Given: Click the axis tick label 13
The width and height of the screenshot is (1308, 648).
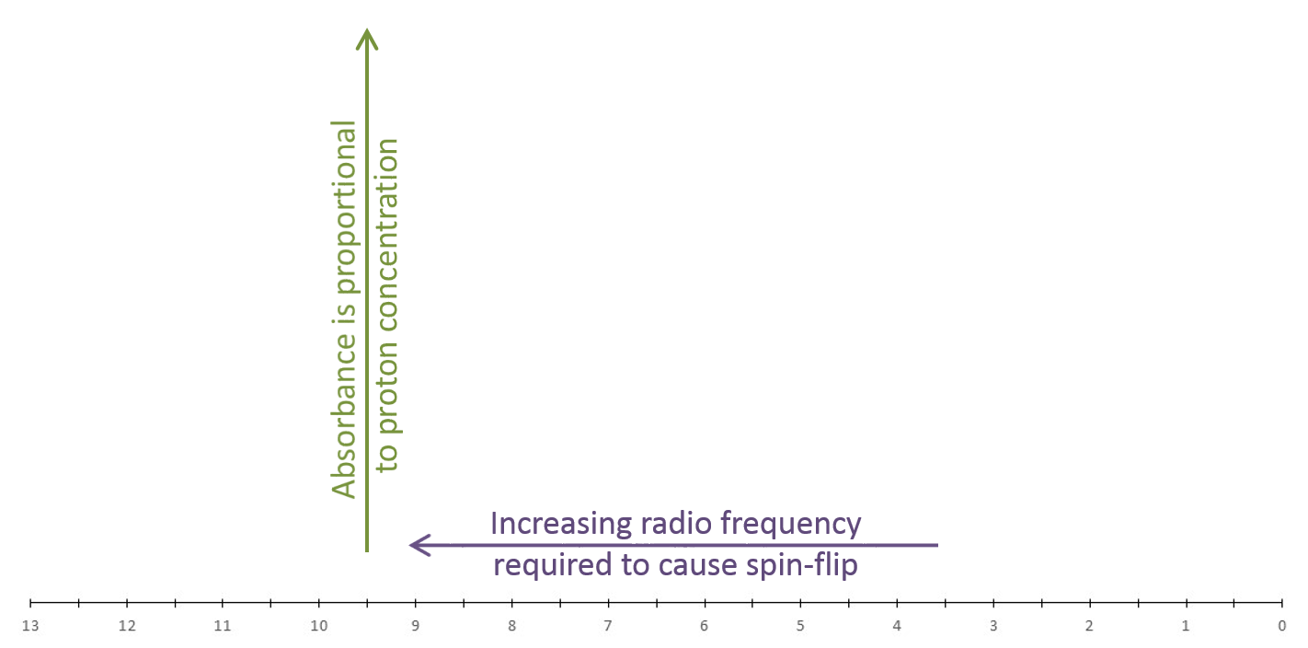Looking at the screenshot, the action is point(30,626).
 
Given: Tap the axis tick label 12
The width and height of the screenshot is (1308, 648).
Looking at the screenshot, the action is point(127,626).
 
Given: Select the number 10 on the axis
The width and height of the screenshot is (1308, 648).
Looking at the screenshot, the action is point(319,626).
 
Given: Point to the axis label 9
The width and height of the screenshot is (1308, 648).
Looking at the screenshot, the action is point(415,626).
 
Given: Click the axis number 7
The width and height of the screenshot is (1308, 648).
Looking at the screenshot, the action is point(608,626).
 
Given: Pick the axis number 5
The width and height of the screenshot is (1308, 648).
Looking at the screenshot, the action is point(800,626).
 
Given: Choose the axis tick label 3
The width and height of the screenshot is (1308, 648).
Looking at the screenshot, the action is point(993,626).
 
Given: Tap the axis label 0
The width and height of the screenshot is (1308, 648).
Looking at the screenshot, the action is point(1281,626).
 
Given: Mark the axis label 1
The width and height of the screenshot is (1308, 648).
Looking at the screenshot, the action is point(1186,626).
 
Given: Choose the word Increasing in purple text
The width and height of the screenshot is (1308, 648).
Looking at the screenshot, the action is point(560,524).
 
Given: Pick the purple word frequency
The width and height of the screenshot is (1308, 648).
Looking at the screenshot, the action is point(791,524).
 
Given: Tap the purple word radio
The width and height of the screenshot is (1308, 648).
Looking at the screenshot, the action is point(675,523).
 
